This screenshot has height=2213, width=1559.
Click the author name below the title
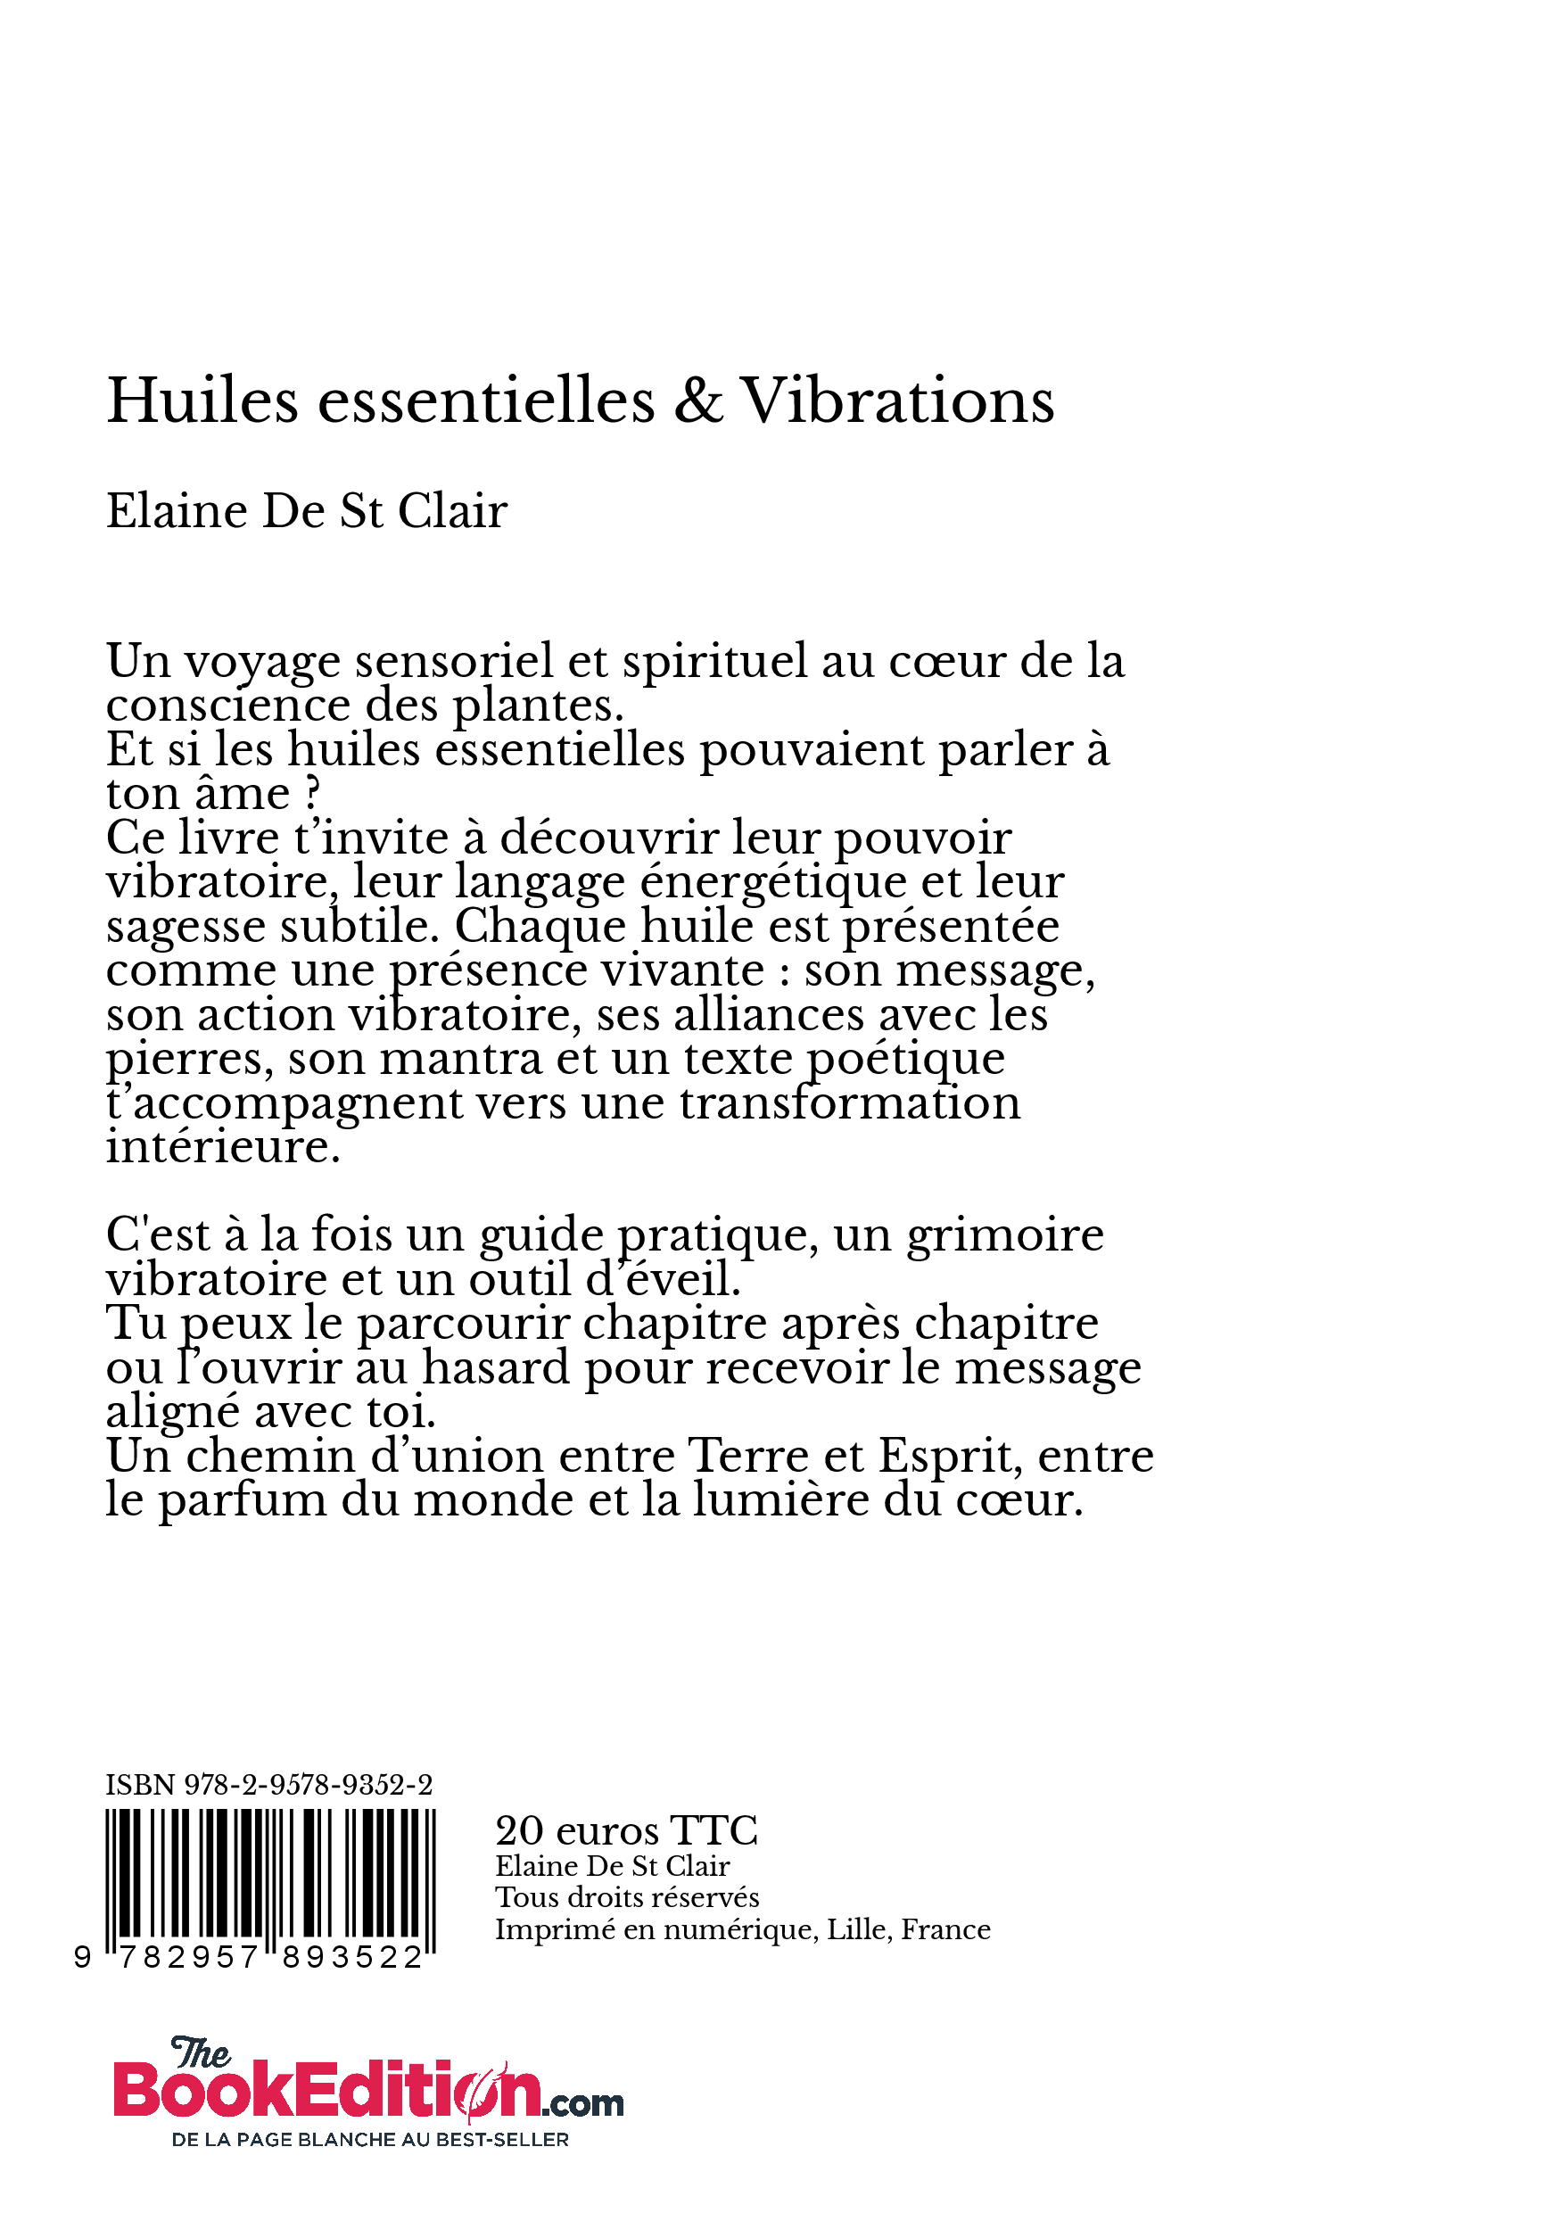307,511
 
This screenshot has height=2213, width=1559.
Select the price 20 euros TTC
626,1830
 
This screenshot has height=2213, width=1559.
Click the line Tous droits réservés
627,1897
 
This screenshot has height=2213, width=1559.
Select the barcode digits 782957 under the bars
189,1958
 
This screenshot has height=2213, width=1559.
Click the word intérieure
223,1147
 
